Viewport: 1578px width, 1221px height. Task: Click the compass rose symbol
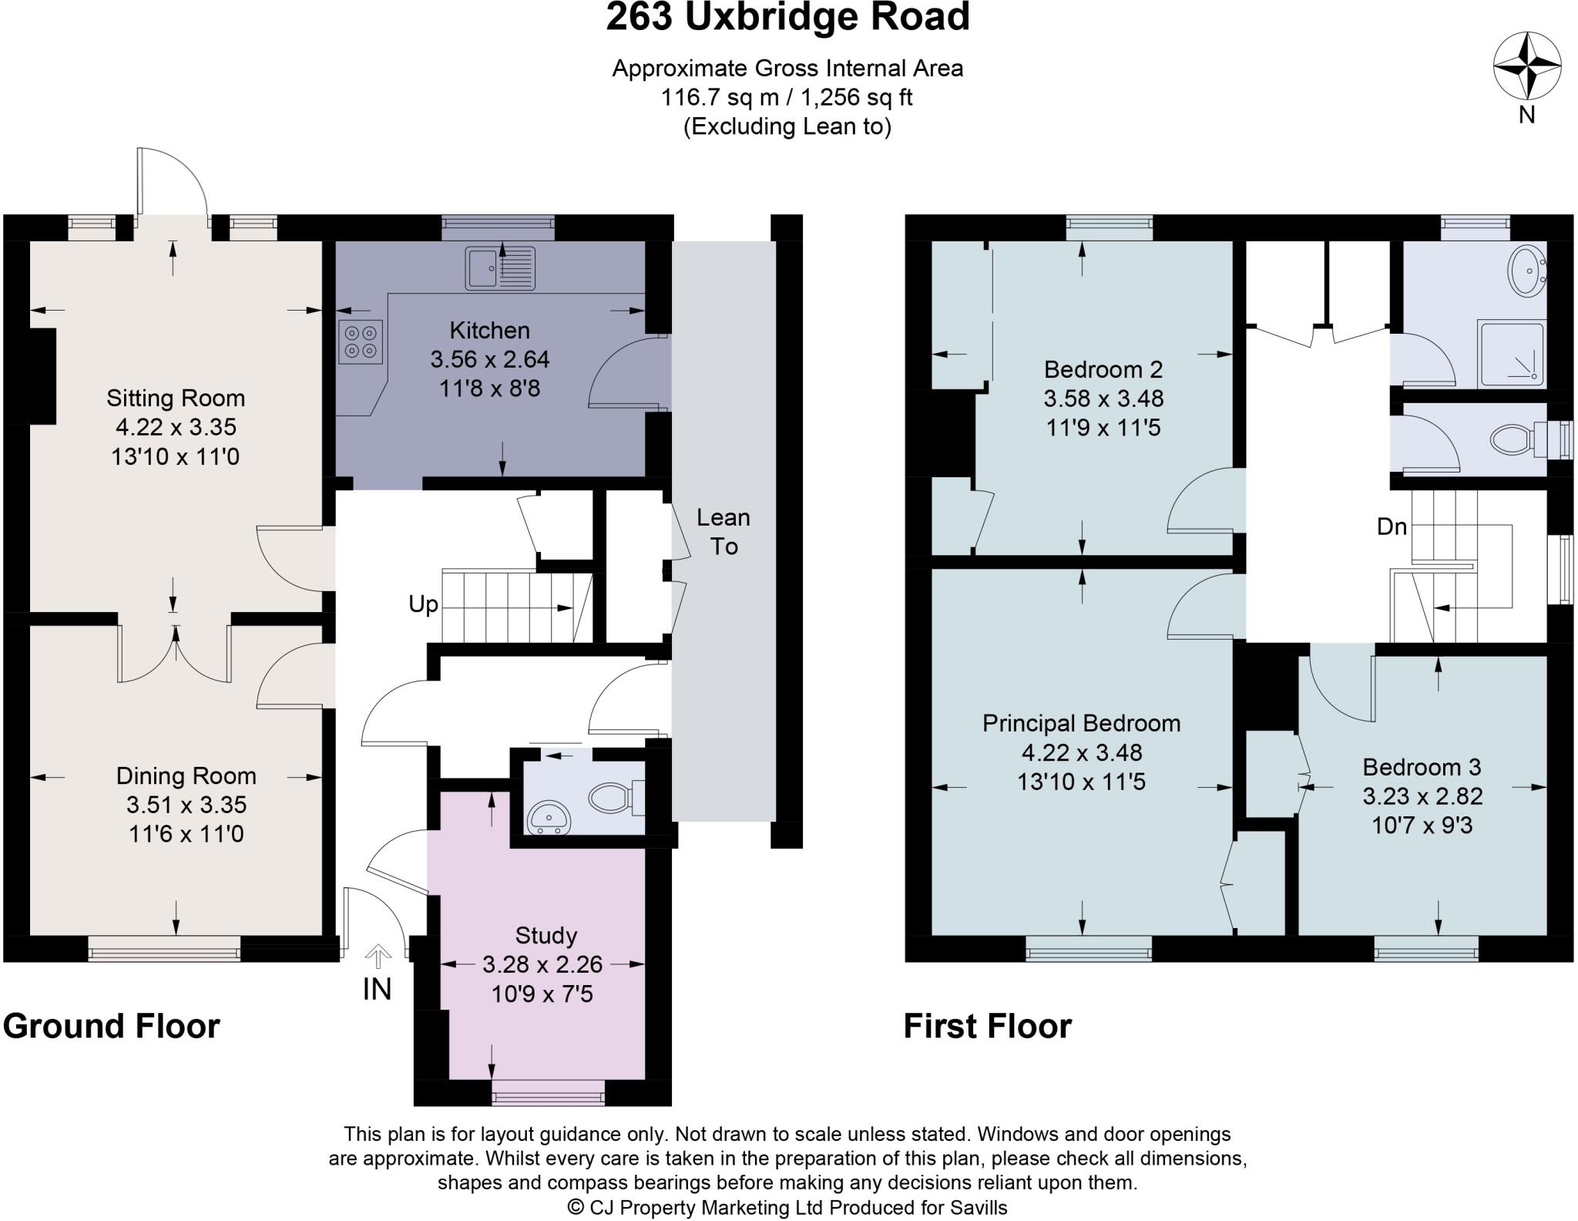[x=1527, y=66]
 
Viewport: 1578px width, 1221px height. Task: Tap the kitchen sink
[x=499, y=268]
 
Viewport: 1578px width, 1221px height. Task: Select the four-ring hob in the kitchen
[x=361, y=341]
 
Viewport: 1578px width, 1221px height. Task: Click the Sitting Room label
[x=176, y=399]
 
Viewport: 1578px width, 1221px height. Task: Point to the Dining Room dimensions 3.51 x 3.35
[x=186, y=805]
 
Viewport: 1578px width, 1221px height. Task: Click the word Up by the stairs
[x=423, y=604]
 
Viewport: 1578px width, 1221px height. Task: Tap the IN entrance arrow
[x=378, y=958]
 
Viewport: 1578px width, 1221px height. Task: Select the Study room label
[x=546, y=936]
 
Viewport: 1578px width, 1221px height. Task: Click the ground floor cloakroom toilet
[x=613, y=798]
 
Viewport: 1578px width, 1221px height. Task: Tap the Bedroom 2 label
[x=1103, y=370]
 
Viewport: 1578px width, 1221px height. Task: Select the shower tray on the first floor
[x=1511, y=354]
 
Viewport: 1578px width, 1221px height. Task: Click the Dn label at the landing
[x=1392, y=527]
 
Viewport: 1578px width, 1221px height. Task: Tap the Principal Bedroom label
[x=1081, y=724]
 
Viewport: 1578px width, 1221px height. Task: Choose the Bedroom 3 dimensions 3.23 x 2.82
[x=1422, y=796]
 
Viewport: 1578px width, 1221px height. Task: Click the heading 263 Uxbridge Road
[x=787, y=18]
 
